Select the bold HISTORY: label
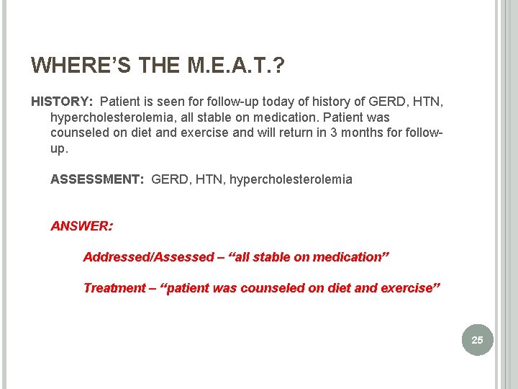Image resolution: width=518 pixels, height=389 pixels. click(63, 102)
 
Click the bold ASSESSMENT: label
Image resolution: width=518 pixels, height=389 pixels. click(97, 179)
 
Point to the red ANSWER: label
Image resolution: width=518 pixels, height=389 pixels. click(81, 226)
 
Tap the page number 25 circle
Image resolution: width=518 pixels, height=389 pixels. click(478, 339)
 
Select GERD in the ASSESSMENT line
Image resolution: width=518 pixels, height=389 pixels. click(169, 179)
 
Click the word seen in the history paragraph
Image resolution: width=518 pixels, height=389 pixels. click(154, 102)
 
